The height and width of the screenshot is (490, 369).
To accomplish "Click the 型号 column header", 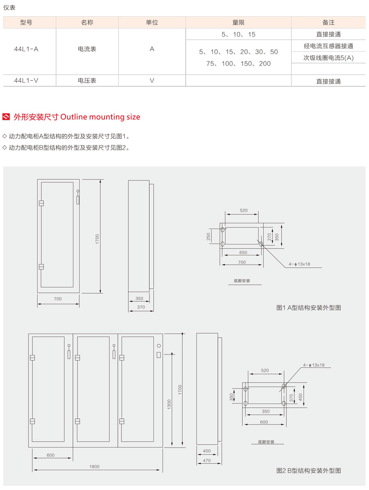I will (x=26, y=23).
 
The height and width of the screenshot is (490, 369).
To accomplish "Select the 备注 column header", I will (x=328, y=23).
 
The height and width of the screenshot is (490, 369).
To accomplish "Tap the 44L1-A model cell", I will (x=26, y=49).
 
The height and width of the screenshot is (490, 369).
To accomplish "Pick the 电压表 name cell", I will (x=87, y=81).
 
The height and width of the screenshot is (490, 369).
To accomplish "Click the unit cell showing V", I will (x=152, y=81).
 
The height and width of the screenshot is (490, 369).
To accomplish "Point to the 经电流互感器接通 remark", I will (x=328, y=46).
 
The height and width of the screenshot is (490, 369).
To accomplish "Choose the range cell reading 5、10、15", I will (x=238, y=35).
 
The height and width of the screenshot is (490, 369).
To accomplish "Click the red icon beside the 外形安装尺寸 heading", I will (x=6, y=117).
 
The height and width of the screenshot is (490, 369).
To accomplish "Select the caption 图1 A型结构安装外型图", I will (x=308, y=307).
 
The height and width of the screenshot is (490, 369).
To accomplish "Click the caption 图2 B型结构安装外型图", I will (x=308, y=471).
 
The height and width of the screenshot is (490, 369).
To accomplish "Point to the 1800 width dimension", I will (x=94, y=466).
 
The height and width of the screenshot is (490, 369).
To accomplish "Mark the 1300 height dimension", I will (x=169, y=404).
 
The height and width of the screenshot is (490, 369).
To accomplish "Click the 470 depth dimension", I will (x=207, y=461).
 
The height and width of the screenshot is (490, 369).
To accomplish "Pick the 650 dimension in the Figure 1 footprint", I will (x=243, y=253).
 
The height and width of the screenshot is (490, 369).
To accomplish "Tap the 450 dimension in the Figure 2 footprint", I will (x=300, y=397).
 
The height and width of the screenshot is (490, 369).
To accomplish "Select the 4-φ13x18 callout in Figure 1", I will (x=299, y=264).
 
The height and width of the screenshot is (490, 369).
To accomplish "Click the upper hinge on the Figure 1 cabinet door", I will (x=41, y=203).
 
